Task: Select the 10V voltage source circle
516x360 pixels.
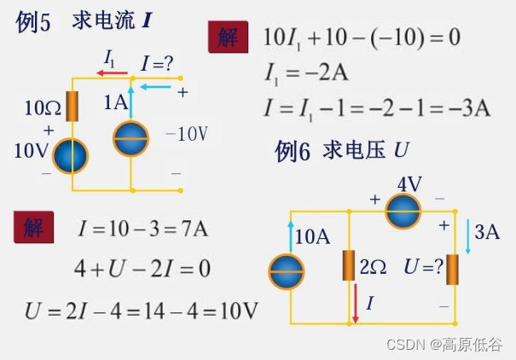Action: [70, 156]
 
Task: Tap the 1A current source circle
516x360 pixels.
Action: [131, 138]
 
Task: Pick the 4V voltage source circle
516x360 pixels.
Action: [403, 211]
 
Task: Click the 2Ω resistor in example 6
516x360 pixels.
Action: [349, 265]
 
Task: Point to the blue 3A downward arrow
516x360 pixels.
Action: [468, 232]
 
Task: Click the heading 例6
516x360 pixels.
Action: [293, 152]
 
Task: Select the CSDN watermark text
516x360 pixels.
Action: [444, 344]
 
